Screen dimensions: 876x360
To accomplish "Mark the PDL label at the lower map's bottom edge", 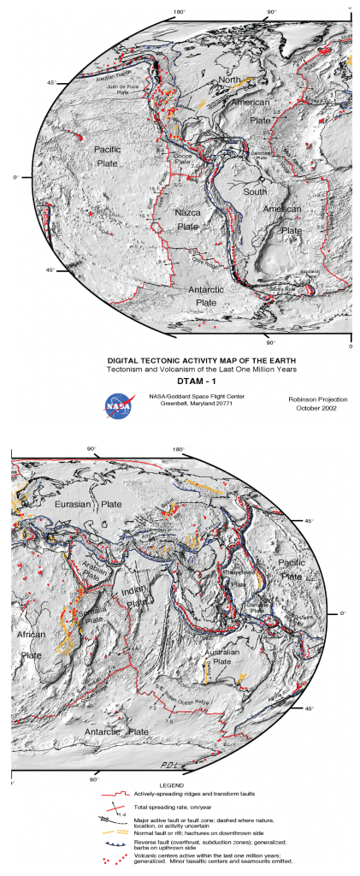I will [171, 764].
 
